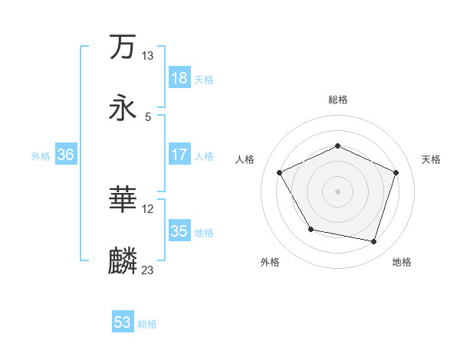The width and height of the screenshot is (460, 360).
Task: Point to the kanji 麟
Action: point(123,260)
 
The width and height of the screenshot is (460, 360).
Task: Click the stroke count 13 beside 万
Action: point(147,55)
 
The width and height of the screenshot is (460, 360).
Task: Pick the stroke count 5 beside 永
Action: point(147,116)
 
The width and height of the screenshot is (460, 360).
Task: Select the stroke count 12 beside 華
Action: point(147,208)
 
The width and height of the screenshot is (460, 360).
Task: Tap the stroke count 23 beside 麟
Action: point(147,270)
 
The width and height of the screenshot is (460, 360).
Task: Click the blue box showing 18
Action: point(179,78)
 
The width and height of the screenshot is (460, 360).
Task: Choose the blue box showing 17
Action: point(179,155)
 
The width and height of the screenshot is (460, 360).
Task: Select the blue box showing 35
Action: point(179,231)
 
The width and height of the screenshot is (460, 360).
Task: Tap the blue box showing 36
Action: point(65,155)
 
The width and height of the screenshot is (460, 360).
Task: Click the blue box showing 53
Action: point(123,322)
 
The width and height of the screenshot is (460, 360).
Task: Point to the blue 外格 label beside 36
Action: point(41,155)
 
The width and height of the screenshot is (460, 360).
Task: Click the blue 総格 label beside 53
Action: point(147,324)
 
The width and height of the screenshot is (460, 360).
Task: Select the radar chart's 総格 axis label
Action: point(338,100)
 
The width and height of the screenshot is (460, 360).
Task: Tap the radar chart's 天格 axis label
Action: point(431,159)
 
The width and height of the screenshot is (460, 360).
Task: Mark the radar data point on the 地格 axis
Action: point(374,241)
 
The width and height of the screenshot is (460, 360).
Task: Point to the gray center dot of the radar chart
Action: point(338,191)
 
